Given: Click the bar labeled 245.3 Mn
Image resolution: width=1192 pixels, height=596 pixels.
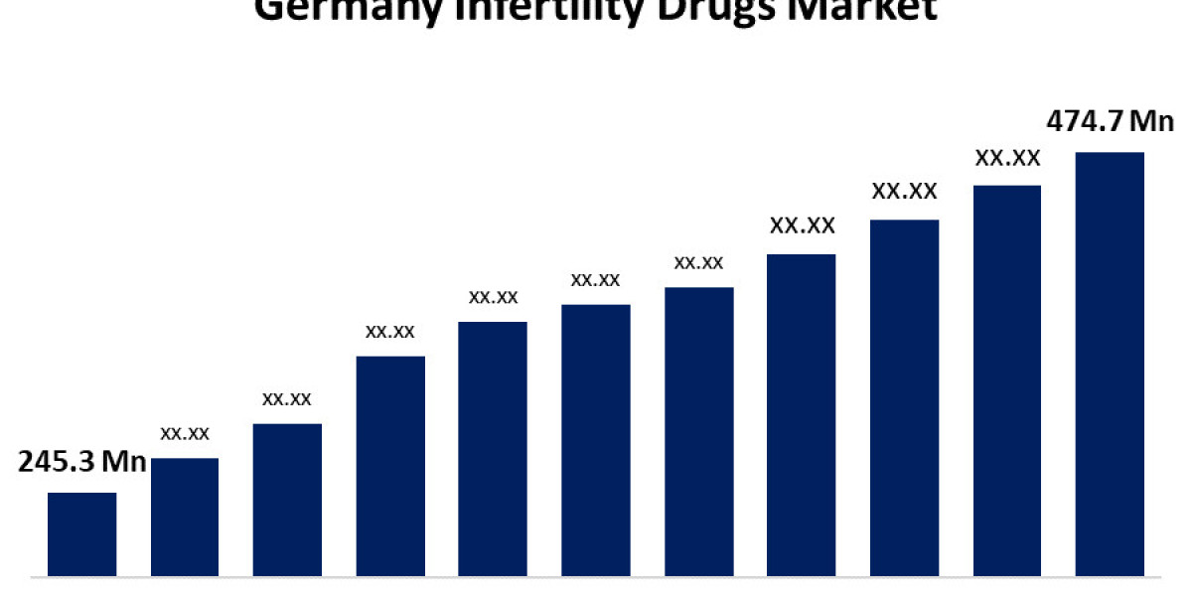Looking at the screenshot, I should [81, 533].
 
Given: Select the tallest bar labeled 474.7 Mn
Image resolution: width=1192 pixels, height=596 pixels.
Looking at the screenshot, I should [1110, 364].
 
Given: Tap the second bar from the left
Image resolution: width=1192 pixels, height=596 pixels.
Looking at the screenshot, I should [185, 517].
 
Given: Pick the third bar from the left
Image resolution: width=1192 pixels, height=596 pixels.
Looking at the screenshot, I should [287, 500].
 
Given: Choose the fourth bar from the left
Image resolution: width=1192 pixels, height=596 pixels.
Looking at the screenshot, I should [390, 466].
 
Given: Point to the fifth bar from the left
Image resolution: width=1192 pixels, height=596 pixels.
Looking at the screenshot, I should [493, 449].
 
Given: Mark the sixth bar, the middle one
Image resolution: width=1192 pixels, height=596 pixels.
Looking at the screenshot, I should [596, 440].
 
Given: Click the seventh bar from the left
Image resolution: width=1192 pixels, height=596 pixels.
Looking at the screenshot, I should [699, 432].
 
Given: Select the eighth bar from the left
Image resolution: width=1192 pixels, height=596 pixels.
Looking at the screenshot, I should [802, 415].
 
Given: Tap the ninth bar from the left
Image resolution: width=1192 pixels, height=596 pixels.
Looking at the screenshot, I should [905, 397].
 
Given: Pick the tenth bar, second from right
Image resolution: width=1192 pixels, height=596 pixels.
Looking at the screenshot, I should [1007, 380].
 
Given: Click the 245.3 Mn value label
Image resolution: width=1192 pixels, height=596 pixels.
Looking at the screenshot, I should [82, 462].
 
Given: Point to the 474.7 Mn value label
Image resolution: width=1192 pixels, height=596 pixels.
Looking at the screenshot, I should [1111, 121].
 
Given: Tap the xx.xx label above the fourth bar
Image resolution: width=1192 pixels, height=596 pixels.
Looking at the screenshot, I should [390, 332].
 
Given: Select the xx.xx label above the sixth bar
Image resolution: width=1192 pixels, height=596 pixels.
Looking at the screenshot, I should [596, 280].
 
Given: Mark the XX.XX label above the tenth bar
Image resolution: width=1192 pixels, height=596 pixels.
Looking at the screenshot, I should [1007, 157].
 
